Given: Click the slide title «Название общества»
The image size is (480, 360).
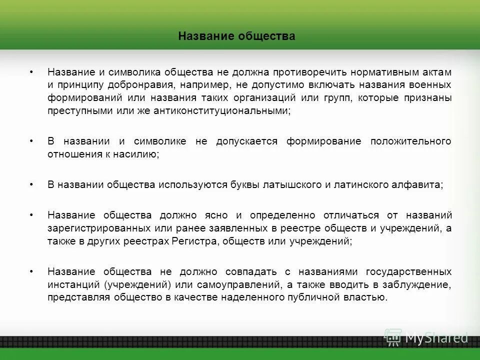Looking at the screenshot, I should click(236, 36).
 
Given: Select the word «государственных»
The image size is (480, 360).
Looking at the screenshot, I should click(408, 271).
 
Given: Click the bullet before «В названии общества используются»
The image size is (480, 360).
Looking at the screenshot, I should click(31, 184).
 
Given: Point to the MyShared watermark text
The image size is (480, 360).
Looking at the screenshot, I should click(436, 337).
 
